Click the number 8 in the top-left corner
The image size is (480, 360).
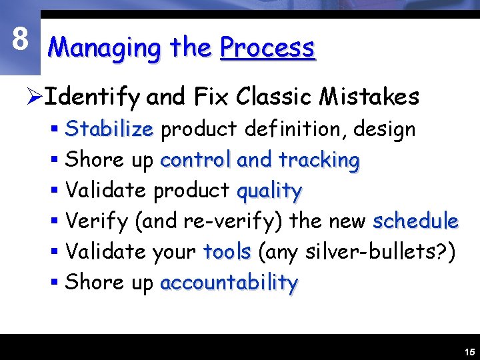[20, 39]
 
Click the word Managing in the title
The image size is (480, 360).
[105, 48]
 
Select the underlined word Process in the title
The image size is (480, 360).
[267, 48]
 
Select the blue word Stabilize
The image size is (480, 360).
[109, 129]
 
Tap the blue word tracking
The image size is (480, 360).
[319, 160]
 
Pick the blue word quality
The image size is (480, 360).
[269, 191]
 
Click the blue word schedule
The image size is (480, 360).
[415, 221]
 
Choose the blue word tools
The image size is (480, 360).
[227, 251]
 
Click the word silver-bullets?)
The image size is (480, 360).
[382, 251]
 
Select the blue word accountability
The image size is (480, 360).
[229, 283]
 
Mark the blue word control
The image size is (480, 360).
[195, 160]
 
